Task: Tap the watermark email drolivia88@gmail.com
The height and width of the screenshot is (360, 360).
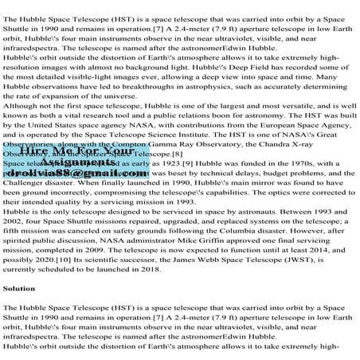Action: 71,194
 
